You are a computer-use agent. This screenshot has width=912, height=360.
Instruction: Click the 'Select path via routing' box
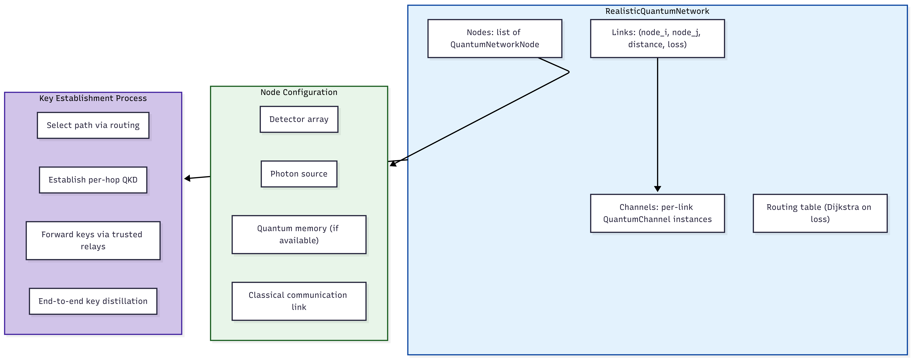93,125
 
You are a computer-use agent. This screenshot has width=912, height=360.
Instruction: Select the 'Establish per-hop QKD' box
93,180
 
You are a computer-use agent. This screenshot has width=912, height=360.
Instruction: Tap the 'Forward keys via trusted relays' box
93,241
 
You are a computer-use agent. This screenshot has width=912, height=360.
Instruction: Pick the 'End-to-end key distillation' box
93,301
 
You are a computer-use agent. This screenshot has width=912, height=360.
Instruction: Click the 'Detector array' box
299,119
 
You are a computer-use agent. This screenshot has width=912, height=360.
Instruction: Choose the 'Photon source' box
299,174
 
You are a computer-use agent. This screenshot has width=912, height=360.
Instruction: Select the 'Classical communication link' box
299,301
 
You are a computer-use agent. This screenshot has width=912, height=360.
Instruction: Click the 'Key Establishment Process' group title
93,98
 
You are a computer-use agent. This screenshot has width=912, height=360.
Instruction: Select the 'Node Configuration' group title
299,92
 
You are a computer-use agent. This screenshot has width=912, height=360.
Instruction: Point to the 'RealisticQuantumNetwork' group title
657,11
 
